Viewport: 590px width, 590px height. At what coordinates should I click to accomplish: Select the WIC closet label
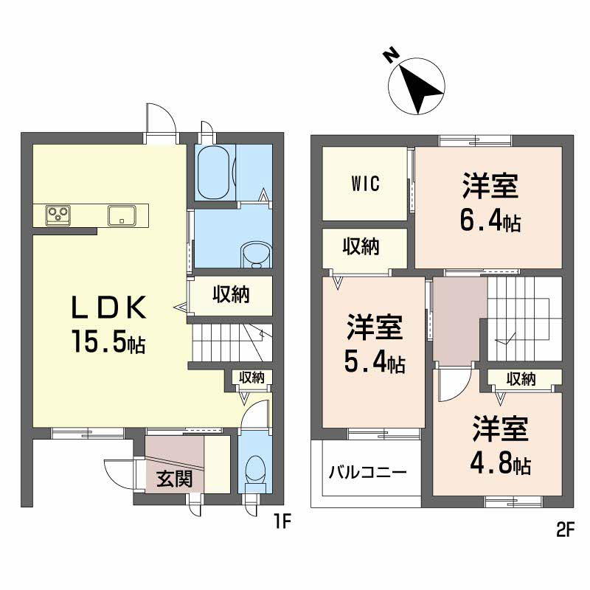[x=364, y=184]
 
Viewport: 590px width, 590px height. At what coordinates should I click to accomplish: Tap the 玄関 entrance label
[x=175, y=479]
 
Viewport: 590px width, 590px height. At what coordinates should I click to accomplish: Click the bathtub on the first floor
[x=215, y=171]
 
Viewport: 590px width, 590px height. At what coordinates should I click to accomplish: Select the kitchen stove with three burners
[x=58, y=215]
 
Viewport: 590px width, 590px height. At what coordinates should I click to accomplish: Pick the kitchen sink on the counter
[x=119, y=215]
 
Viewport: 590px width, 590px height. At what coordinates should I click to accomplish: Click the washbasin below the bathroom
[x=256, y=254]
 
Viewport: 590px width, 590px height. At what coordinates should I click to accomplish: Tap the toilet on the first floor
[x=256, y=469]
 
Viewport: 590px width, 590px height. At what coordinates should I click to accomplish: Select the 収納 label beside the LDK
[x=232, y=294]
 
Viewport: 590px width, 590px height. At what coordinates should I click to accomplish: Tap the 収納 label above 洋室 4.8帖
[x=521, y=379]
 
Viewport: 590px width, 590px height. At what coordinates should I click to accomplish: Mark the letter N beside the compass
[x=392, y=55]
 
